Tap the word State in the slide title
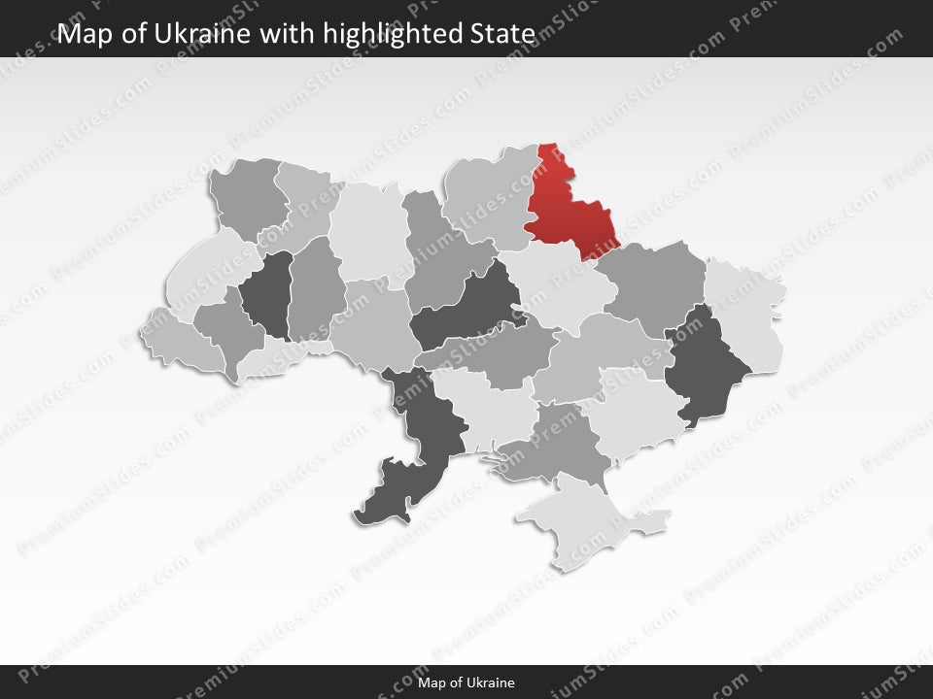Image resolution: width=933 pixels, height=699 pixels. click(x=508, y=34)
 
